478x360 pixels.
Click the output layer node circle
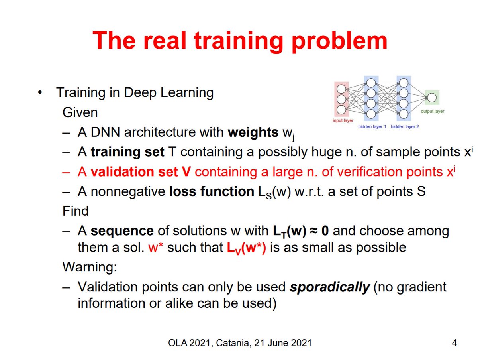pyautogui.click(x=431, y=96)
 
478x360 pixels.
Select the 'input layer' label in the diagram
pyautogui.click(x=343, y=120)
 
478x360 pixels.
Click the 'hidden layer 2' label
pyautogui.click(x=405, y=126)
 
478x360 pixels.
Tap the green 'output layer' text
pyautogui.click(x=432, y=112)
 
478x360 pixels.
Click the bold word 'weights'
pyautogui.click(x=253, y=132)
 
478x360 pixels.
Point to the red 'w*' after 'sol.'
pyautogui.click(x=154, y=248)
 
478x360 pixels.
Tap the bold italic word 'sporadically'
pyautogui.click(x=329, y=287)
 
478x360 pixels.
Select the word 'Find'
pyautogui.click(x=76, y=211)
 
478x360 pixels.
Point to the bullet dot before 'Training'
pyautogui.click(x=39, y=93)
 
